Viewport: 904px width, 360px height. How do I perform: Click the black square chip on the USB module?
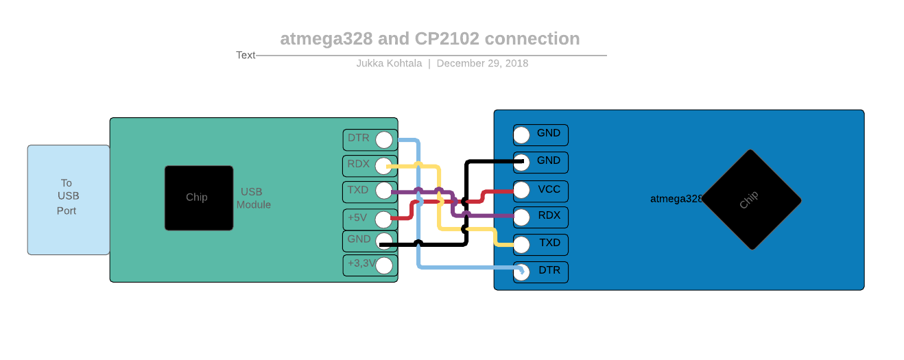point(198,197)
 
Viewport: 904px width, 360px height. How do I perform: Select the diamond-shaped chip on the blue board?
point(751,200)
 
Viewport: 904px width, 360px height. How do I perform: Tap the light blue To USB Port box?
point(68,200)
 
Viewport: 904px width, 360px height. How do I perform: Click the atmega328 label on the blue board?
point(676,199)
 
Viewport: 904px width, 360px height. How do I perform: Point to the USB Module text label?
point(254,198)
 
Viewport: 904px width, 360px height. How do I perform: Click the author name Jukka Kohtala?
point(389,63)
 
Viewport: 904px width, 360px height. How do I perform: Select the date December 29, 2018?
point(482,63)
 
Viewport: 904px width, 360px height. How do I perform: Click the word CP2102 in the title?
point(447,38)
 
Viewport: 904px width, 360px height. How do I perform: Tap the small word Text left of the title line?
point(246,55)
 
